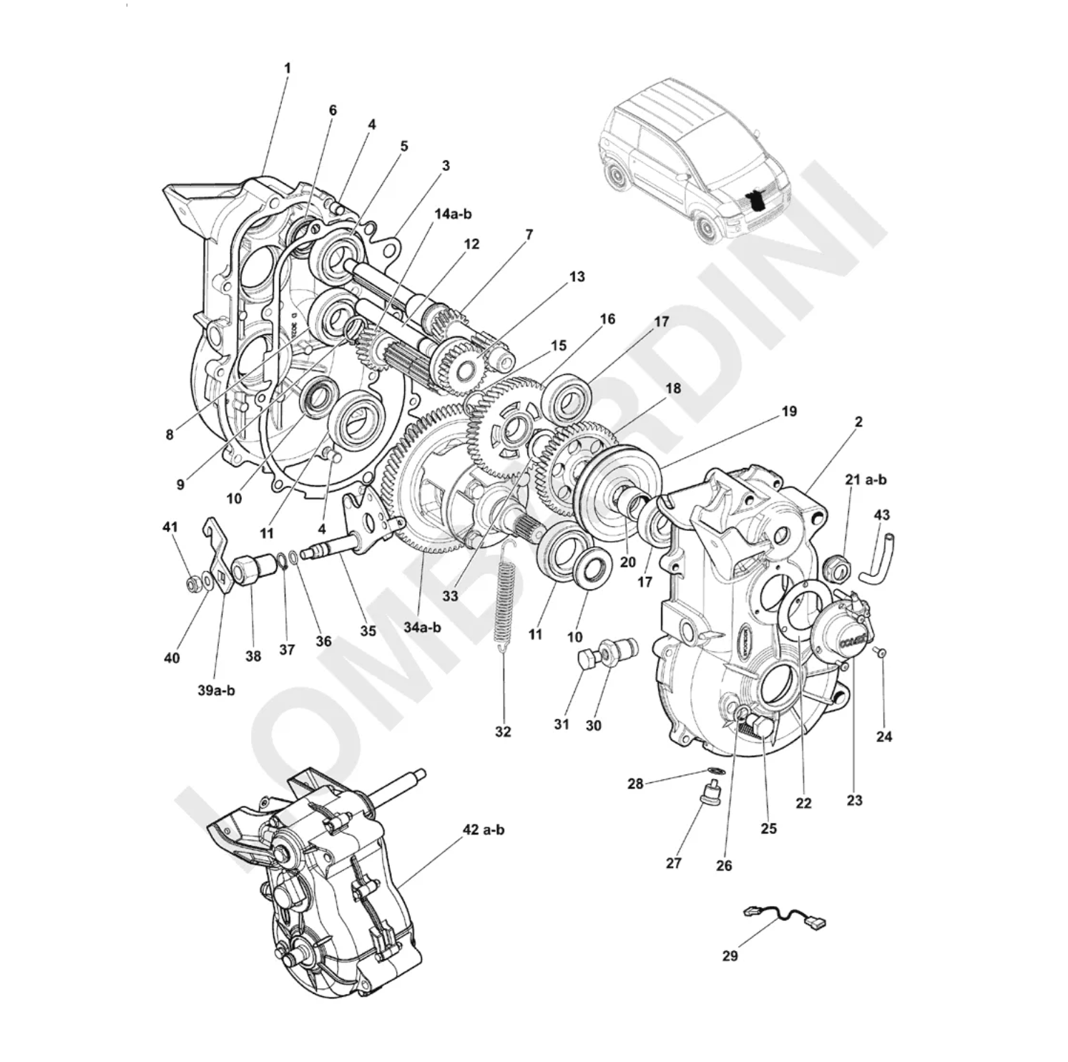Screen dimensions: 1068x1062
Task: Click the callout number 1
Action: click(x=287, y=69)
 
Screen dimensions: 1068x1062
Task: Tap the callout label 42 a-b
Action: click(x=484, y=830)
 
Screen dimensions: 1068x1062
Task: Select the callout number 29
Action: click(x=730, y=955)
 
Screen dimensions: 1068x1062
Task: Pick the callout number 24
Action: click(x=884, y=736)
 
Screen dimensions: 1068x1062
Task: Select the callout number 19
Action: click(x=788, y=411)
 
